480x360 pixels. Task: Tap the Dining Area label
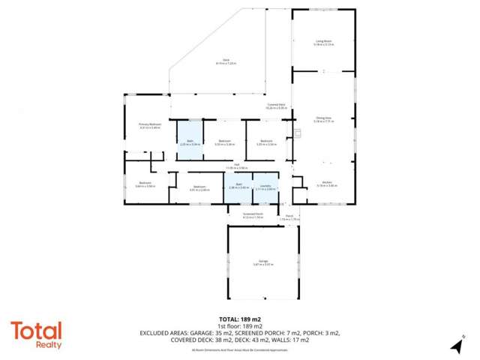click(323, 118)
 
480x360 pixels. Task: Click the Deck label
click(225, 61)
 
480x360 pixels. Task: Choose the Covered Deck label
click(276, 106)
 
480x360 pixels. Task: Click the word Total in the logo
click(36, 330)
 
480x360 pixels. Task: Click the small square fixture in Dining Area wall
click(298, 134)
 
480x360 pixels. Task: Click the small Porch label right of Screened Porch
click(289, 217)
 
